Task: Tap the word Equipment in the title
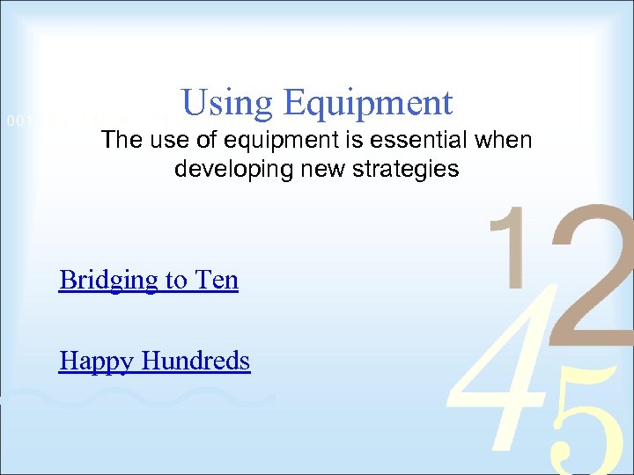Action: tap(368, 104)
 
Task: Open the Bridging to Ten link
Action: tap(149, 280)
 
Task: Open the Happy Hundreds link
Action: tap(154, 361)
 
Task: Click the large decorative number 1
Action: tap(512, 246)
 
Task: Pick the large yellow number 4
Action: tap(493, 369)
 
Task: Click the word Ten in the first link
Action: tap(216, 280)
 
